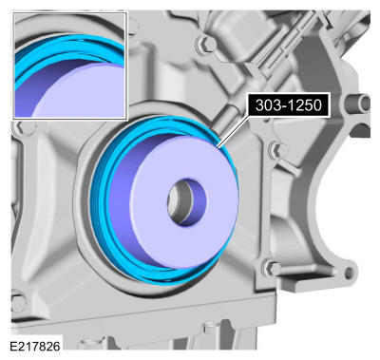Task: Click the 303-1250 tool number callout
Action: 289,105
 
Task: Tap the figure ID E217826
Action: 35,347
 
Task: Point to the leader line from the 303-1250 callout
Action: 234,131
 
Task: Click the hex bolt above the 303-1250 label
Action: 203,44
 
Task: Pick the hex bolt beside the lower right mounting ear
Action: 270,268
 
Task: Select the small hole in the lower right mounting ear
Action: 349,273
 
